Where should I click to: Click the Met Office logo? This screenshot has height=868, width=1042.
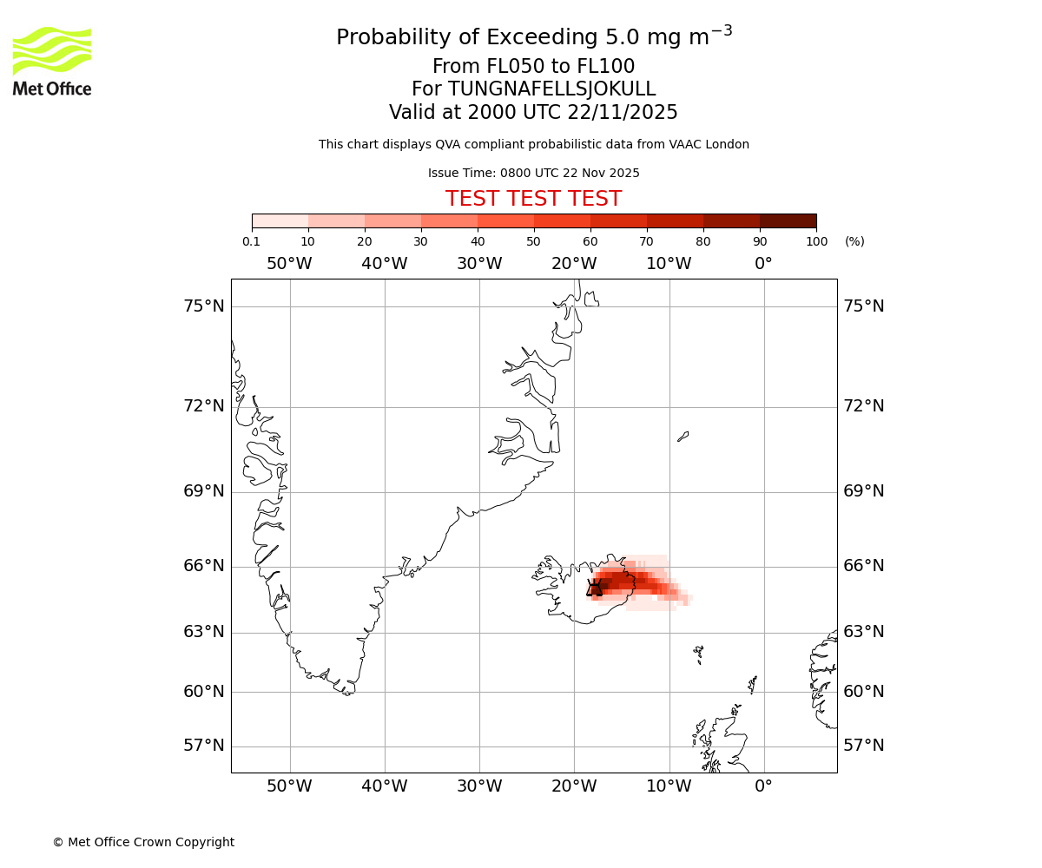coord(52,61)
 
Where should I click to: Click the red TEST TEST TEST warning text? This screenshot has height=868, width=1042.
coord(533,199)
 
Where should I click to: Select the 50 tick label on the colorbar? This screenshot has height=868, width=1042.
coord(533,241)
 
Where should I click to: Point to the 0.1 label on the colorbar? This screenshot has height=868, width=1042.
coord(252,241)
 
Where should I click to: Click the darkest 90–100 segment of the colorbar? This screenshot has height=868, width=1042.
coord(788,220)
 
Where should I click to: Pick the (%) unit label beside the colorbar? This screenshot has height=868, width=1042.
coord(854,241)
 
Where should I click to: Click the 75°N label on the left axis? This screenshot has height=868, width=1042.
coord(204,306)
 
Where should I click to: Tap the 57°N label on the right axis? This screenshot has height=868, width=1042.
coord(863,746)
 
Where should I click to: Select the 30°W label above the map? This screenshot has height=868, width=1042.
coord(479,264)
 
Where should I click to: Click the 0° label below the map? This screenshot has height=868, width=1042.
coord(763,786)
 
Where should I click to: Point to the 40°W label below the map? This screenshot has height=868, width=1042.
coord(385,786)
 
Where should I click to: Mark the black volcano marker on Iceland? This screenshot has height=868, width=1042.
coord(595,589)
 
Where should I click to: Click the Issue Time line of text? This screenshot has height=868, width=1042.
coord(533,173)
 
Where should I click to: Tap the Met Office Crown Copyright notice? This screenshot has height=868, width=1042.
coord(143,842)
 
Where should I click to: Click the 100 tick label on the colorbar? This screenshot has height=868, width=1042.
coord(816,241)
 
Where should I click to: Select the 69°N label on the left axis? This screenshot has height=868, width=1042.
coord(204,491)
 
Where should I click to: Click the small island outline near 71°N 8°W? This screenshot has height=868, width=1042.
coord(683,437)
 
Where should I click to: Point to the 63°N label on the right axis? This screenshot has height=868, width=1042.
coord(863,632)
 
